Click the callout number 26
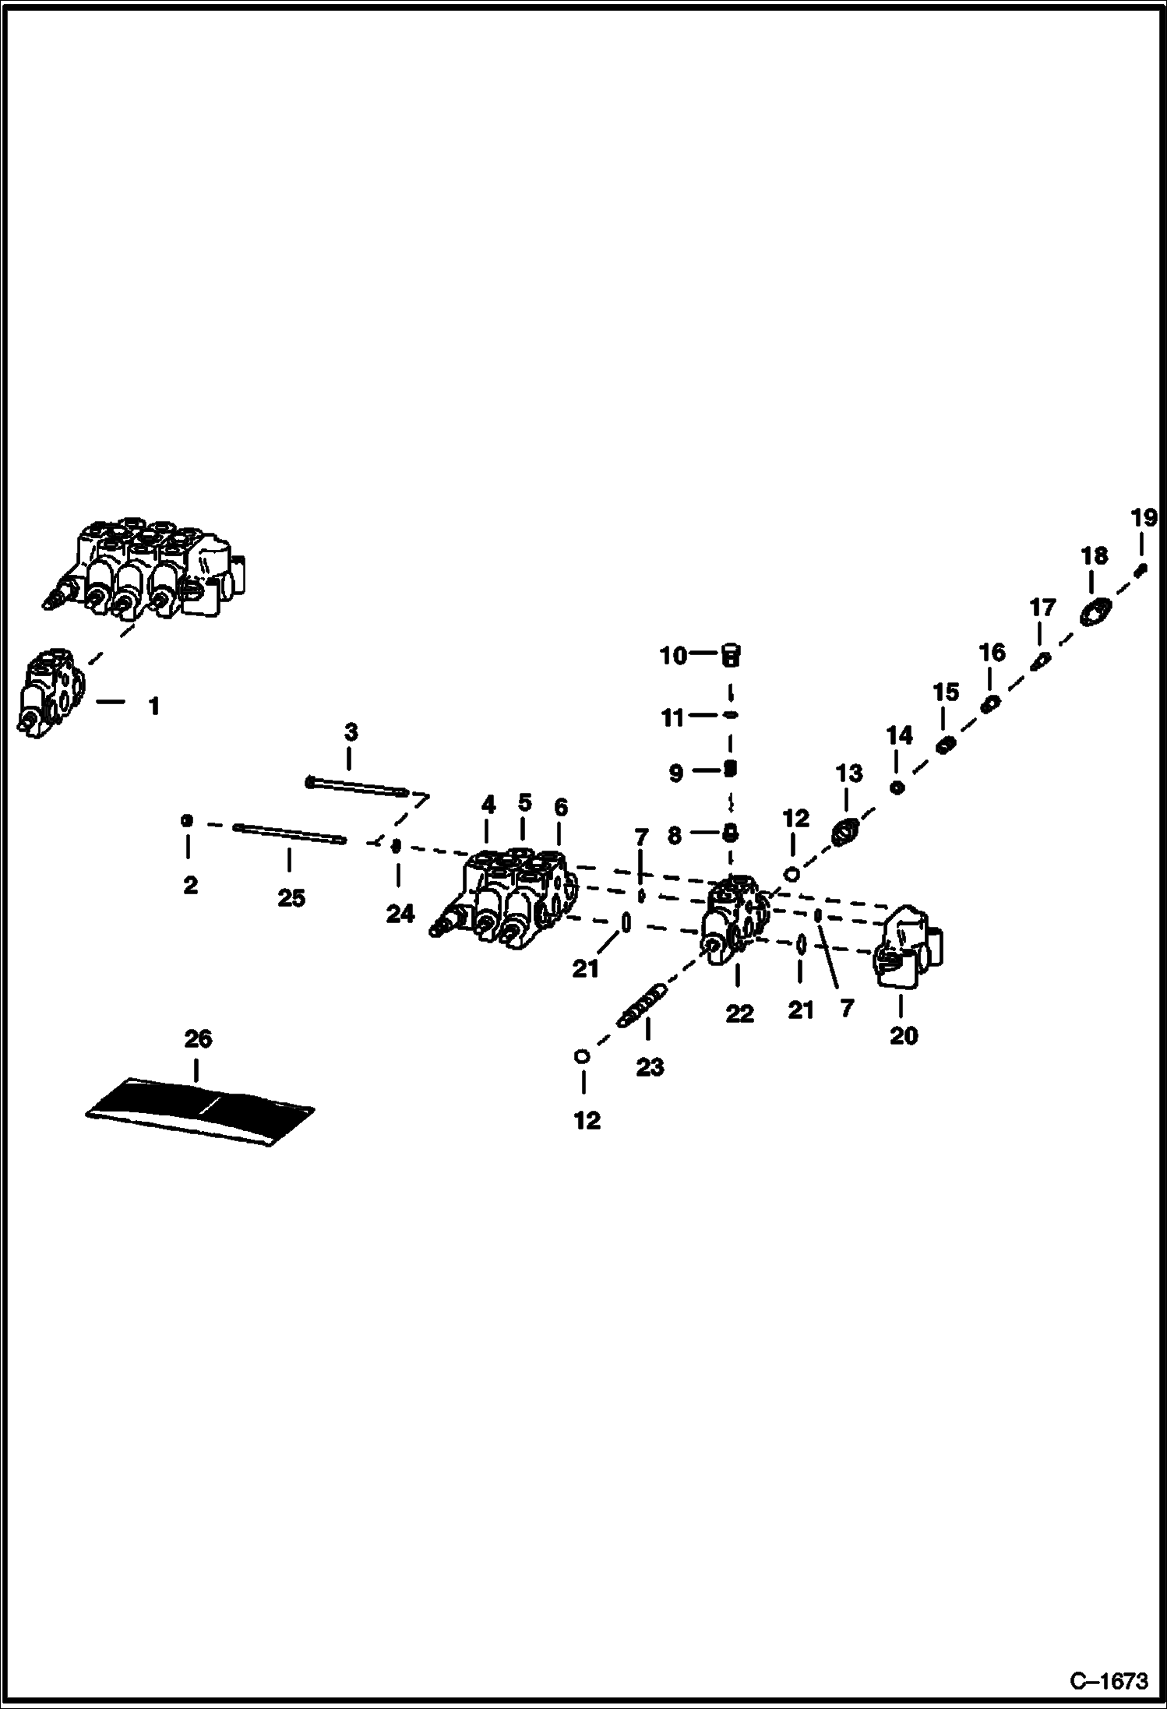coord(198,1038)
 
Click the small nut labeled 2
coord(187,820)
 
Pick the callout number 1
coord(154,707)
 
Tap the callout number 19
coord(1144,517)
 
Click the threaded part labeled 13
coord(845,833)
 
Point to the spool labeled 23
coord(643,1006)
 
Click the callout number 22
coord(739,1013)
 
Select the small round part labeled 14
coord(897,788)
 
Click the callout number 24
coord(400,913)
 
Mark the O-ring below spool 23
coord(581,1056)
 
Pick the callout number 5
coord(524,802)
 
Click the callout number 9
coord(675,773)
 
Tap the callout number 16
coord(992,652)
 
